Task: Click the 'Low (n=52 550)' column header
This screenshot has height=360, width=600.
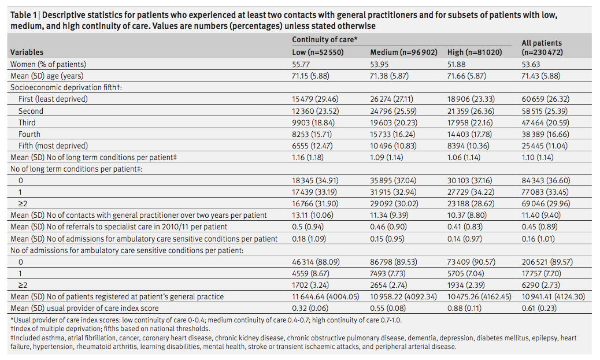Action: (317, 52)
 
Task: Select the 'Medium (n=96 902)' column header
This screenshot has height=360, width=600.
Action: (403, 52)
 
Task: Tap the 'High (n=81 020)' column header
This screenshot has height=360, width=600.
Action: (475, 52)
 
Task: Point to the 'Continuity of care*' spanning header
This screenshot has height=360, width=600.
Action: (325, 39)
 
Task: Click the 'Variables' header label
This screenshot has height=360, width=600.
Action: (27, 52)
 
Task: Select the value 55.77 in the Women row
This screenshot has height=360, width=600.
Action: (301, 64)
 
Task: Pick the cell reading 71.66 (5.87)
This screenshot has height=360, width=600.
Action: (466, 76)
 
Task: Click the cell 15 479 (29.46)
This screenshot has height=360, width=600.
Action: (315, 99)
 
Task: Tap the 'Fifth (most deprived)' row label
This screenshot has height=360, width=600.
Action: (53, 146)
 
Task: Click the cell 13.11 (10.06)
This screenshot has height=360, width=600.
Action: (313, 216)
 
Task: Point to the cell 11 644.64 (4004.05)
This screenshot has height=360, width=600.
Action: (325, 296)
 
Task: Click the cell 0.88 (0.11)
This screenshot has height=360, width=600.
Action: (464, 308)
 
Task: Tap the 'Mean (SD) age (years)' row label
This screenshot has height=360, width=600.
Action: (47, 76)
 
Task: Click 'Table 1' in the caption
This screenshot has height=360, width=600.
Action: (24, 15)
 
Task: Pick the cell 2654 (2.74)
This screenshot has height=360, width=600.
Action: (388, 285)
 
